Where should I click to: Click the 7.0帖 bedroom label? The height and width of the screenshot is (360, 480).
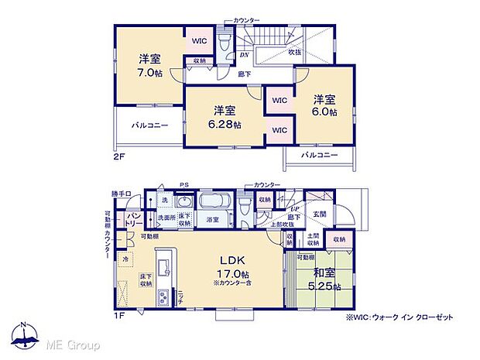(x=149, y=65)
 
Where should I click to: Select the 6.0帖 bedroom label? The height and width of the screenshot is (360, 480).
(x=325, y=105)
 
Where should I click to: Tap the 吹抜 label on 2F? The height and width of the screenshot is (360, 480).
(x=295, y=53)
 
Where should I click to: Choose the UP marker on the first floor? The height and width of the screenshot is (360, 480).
(x=294, y=208)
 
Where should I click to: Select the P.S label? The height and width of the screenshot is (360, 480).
(x=184, y=184)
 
